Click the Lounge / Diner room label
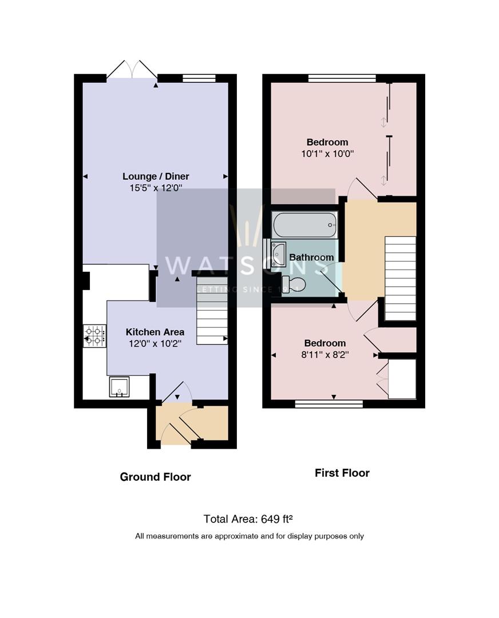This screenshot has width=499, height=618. click(156, 176)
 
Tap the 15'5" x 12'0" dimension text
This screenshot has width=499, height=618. click(156, 188)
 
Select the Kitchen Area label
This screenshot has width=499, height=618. click(155, 332)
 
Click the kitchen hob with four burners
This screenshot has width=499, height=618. click(95, 336)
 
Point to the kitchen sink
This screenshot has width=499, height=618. click(119, 387)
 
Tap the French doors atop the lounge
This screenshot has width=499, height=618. click(132, 70)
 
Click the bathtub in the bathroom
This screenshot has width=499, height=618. click(304, 225)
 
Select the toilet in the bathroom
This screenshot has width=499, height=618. click(294, 284)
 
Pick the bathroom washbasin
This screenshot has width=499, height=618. click(279, 254)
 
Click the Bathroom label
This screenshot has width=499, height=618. click(311, 257)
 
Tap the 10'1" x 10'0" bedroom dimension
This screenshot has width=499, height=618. click(327, 153)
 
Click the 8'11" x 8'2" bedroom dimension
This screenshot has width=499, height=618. click(325, 354)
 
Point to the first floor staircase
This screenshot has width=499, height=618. click(400, 278)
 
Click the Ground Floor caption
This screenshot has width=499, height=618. click(155, 477)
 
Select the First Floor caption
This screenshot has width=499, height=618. click(342, 473)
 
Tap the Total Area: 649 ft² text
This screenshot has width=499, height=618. click(248, 519)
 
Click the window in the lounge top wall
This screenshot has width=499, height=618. click(199, 78)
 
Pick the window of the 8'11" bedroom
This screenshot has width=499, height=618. click(329, 404)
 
